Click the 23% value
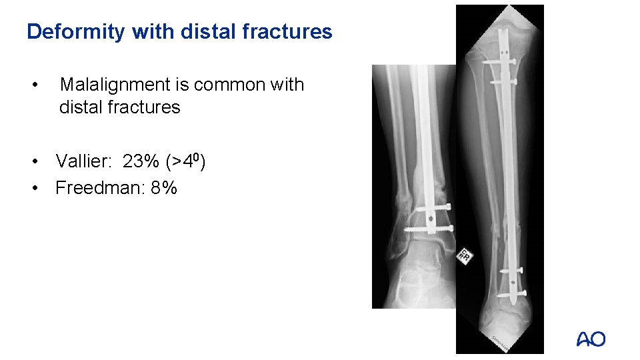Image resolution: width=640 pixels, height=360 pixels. point(141,161)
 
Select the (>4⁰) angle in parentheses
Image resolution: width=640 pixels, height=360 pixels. point(187,161)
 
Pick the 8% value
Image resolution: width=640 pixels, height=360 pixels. point(164,188)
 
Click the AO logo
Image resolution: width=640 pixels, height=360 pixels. point(591,339)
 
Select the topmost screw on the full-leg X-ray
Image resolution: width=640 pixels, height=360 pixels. point(500,62)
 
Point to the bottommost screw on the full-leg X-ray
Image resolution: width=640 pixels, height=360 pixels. point(509,291)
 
